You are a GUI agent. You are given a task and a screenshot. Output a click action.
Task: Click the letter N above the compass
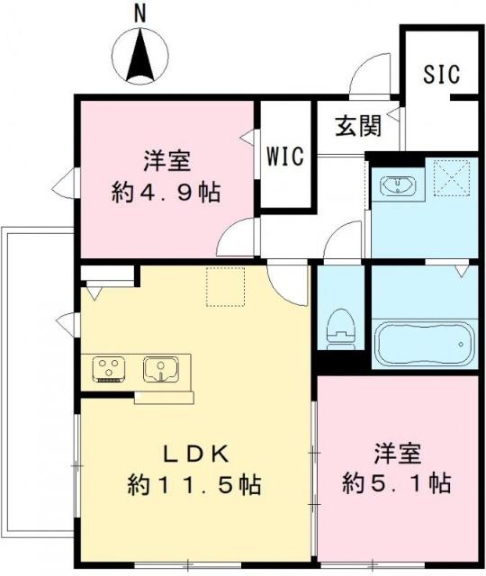click(x=139, y=13)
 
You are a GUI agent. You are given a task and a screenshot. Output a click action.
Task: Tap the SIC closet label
click(x=441, y=76)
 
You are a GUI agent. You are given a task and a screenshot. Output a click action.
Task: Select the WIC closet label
click(x=284, y=155)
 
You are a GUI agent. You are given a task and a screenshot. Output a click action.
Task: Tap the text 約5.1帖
click(x=396, y=483)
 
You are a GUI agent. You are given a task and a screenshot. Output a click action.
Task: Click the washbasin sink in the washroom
click(x=396, y=186)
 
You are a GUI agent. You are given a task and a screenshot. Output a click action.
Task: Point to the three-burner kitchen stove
click(x=111, y=369)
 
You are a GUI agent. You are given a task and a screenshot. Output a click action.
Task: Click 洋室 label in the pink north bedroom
click(x=166, y=162)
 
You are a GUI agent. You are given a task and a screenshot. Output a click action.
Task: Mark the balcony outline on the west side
click(x=36, y=387)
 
